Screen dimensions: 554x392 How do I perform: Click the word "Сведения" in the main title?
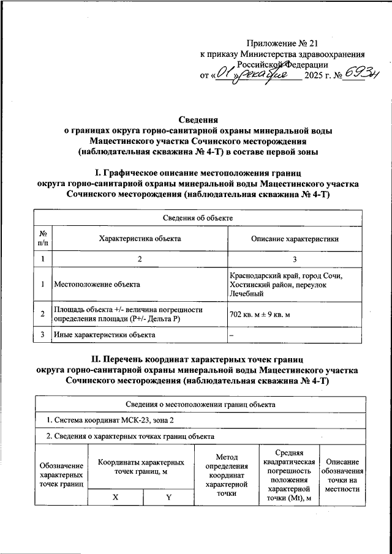click(x=198, y=120)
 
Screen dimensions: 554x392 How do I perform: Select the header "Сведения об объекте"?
click(x=198, y=218)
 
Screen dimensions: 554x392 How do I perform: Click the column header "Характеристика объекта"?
click(x=139, y=239)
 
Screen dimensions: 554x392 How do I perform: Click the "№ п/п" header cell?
click(x=43, y=239)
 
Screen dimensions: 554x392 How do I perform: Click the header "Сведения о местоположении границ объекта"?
click(x=200, y=404)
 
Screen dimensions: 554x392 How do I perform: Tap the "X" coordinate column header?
click(x=115, y=497)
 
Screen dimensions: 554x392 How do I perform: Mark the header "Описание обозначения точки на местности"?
click(x=342, y=475)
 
